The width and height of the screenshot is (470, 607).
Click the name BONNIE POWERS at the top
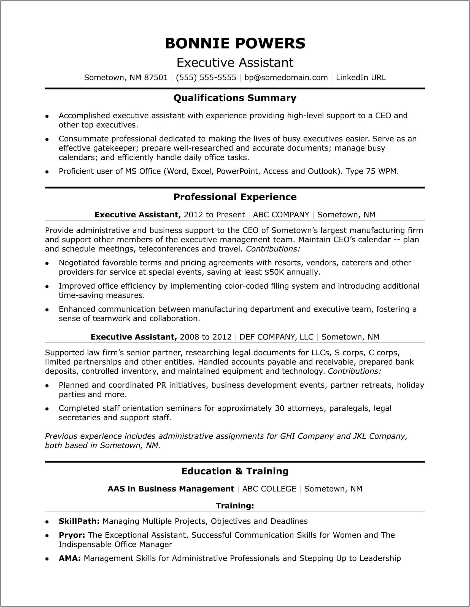pos(235,44)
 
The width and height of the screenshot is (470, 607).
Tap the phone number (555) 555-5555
pos(206,78)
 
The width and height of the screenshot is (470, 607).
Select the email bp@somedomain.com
pos(286,78)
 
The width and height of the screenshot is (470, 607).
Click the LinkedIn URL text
pos(361,78)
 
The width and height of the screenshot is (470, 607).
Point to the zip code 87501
pos(156,78)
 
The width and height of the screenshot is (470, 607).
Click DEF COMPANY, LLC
pos(276,337)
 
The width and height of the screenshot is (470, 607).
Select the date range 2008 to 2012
pos(206,337)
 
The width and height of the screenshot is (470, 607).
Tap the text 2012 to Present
pos(214,215)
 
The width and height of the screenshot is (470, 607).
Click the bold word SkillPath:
pos(79,521)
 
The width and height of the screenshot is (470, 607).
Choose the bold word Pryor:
pos(72,535)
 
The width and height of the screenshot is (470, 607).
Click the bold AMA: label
pos(70,558)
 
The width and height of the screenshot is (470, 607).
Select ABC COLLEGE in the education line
pos(269,489)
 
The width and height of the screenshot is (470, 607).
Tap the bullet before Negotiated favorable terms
pos(47,263)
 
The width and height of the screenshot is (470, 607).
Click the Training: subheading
pos(235,505)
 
